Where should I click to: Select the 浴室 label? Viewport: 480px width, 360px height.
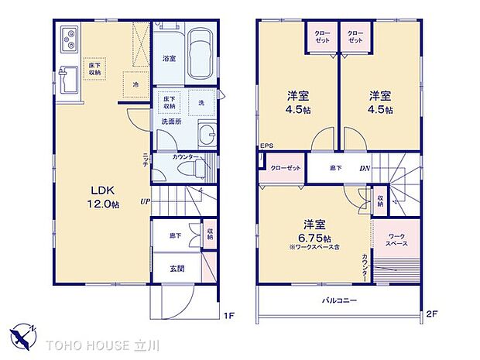(x=170, y=58)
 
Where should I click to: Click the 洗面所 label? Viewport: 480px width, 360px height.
(x=172, y=122)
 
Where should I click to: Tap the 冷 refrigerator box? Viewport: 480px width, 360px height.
(x=135, y=84)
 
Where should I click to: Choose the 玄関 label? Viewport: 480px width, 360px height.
(x=178, y=269)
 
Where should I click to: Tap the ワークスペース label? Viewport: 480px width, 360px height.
(x=397, y=238)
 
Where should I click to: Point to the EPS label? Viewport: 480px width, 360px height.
(x=266, y=146)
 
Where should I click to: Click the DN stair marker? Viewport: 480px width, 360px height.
(x=364, y=168)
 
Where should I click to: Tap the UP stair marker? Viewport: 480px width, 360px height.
(x=145, y=202)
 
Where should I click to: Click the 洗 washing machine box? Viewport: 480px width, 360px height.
(x=201, y=103)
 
